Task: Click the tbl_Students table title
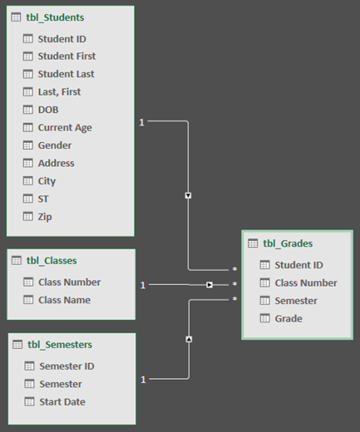(x=56, y=17)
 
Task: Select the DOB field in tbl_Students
(x=48, y=110)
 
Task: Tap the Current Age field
(x=65, y=128)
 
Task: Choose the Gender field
(x=55, y=145)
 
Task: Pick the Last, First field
(x=59, y=92)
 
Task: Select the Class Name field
(x=65, y=300)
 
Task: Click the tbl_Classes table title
(x=52, y=261)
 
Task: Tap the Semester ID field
(x=67, y=366)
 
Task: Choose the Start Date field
(x=62, y=402)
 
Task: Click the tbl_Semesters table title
(x=59, y=344)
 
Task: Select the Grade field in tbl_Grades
(x=288, y=318)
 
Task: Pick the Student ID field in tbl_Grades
(x=298, y=265)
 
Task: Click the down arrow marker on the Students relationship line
(x=189, y=196)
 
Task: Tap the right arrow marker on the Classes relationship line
(x=210, y=285)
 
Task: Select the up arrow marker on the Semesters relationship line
(x=189, y=339)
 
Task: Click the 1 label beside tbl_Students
(x=141, y=123)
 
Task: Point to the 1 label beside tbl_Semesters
(x=142, y=380)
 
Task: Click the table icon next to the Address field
(x=27, y=164)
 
